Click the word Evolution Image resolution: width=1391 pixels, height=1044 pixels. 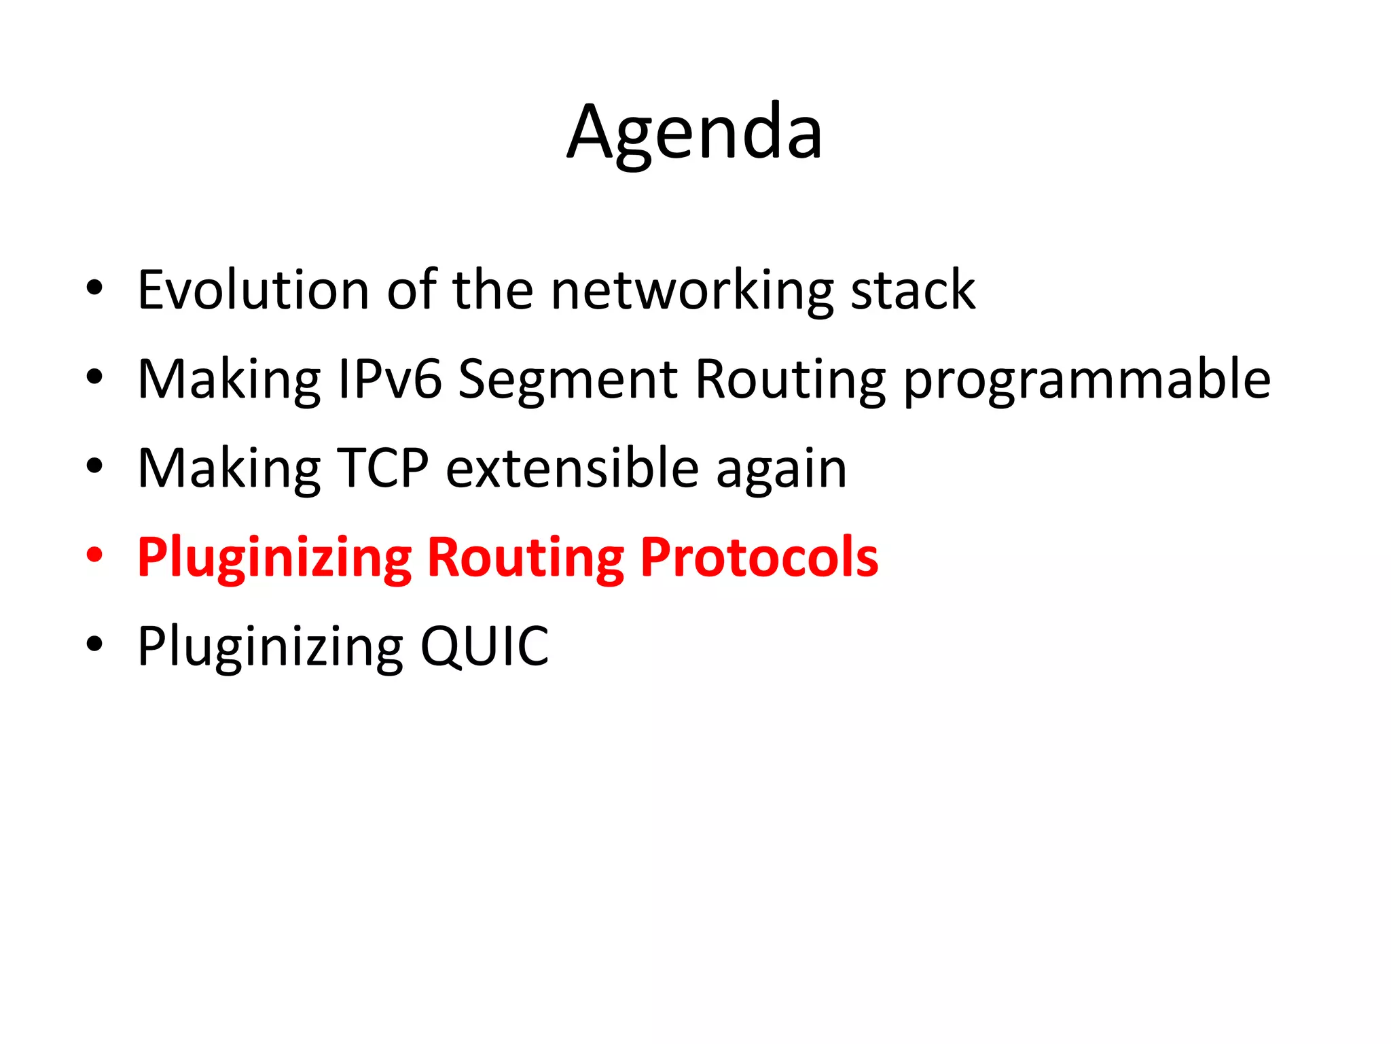[x=253, y=290]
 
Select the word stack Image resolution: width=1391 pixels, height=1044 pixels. [x=913, y=290]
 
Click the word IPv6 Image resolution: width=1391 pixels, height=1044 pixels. [x=390, y=379]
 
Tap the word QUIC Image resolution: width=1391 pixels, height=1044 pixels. [x=484, y=646]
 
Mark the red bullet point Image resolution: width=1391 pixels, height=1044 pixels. [x=94, y=555]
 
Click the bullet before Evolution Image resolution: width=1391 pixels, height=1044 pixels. [x=94, y=288]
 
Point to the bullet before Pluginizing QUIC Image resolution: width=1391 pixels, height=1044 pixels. [x=94, y=644]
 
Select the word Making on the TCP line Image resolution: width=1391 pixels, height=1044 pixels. [x=229, y=470]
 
